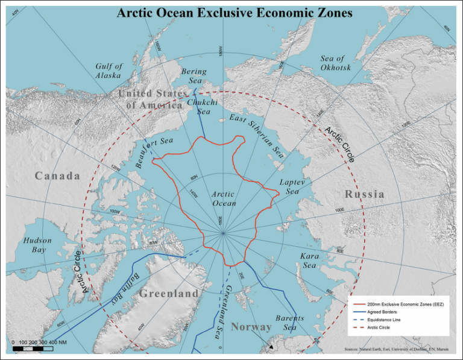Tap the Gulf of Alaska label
click(109, 71)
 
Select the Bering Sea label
click(194, 76)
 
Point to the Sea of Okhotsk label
click(336, 63)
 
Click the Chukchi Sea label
click(199, 107)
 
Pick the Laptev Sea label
click(292, 186)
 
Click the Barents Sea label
click(290, 323)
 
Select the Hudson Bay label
click(37, 245)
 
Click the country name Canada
click(57, 176)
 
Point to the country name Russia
click(365, 194)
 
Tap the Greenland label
click(169, 294)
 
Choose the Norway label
click(251, 327)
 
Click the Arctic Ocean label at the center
click(224, 198)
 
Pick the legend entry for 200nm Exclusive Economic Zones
click(399, 305)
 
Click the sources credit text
click(397, 349)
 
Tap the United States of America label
click(153, 99)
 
